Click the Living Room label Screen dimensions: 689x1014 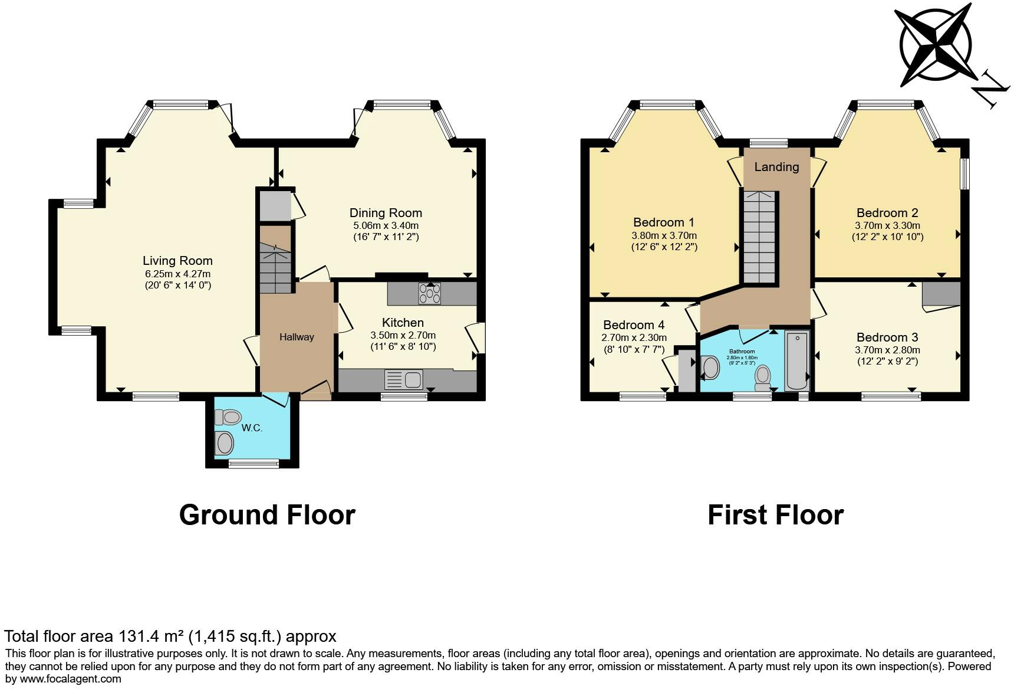pos(177,261)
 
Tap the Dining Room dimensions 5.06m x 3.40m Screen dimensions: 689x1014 pos(386,225)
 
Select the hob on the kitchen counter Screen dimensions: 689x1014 pos(429,294)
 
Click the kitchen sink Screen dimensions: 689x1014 pos(403,379)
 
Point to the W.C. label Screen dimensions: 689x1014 pos(252,428)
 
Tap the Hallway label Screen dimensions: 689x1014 pos(297,337)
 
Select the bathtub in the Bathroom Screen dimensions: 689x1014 pos(797,360)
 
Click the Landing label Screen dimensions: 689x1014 pos(776,167)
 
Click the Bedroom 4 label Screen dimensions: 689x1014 pos(634,325)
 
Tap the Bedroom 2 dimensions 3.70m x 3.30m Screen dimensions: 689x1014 pos(887,225)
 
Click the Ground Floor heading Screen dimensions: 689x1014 pos(267,514)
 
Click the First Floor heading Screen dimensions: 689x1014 pos(775,514)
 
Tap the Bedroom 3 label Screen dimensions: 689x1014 pos(887,337)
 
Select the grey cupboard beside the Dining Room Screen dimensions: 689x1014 pos(273,205)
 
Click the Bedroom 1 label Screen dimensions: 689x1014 pos(664,222)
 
